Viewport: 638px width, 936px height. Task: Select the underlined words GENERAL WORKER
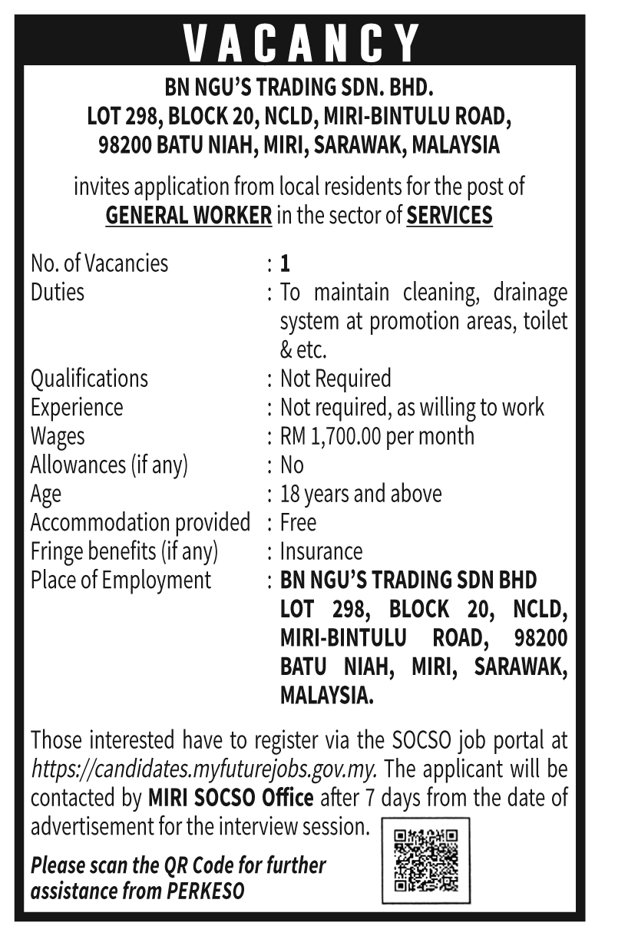[x=188, y=216]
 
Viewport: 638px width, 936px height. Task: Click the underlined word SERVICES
[x=449, y=216]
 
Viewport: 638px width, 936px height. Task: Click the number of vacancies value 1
[x=285, y=264]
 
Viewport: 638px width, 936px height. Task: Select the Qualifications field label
[x=89, y=379]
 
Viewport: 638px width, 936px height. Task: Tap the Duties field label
[x=58, y=293]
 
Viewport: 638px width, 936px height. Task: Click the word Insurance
[x=321, y=551]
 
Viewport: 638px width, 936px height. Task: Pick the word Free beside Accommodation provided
[x=298, y=523]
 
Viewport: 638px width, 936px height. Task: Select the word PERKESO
[x=207, y=891]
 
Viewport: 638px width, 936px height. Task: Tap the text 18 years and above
[x=361, y=494]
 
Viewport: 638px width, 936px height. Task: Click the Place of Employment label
[x=121, y=580]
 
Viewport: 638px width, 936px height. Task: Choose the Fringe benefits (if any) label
[x=124, y=551]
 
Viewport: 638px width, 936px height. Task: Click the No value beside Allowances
[x=292, y=465]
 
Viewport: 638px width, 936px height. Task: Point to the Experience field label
[x=77, y=407]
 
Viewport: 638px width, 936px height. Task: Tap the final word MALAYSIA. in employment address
[x=327, y=696]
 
